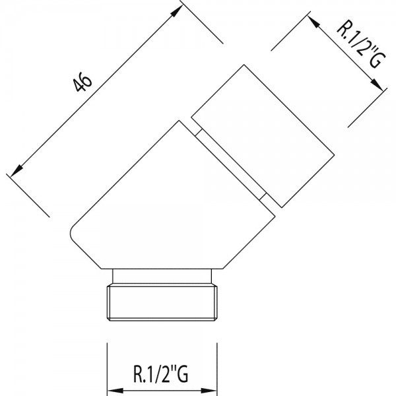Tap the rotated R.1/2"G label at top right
(361, 44)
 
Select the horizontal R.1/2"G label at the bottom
(160, 374)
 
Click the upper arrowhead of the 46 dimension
(177, 11)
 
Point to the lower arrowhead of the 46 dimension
(16, 170)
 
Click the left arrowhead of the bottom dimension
(115, 390)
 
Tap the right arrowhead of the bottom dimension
(209, 390)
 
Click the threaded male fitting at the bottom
(162, 302)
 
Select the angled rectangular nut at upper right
(263, 136)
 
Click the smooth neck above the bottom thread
(162, 277)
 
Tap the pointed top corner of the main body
(179, 121)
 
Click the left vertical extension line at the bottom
(108, 369)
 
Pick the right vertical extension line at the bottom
(217, 369)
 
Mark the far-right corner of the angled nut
(334, 154)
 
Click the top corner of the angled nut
(244, 65)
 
